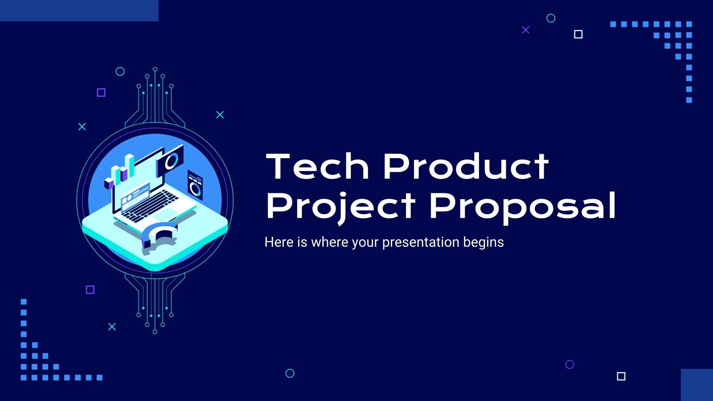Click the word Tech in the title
(317, 167)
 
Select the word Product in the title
(466, 167)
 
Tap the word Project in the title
(340, 206)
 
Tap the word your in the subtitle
(365, 242)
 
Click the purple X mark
(526, 30)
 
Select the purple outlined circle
(570, 364)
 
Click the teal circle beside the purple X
(551, 18)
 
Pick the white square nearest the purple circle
(621, 376)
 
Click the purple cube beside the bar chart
(109, 183)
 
